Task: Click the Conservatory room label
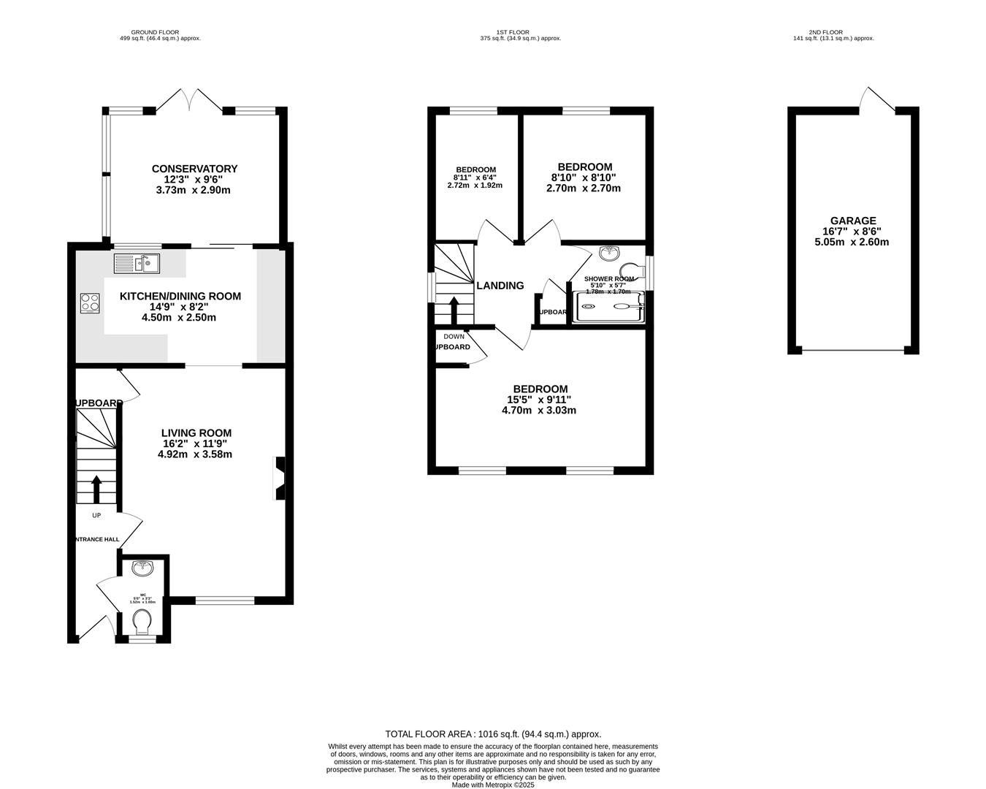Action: point(194,169)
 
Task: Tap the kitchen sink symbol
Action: point(137,262)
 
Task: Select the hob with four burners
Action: point(90,302)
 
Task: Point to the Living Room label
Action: point(196,433)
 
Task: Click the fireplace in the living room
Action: point(279,479)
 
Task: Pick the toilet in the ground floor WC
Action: point(142,622)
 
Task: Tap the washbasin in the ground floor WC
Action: point(142,567)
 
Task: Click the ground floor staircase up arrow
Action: point(96,489)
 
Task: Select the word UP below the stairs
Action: point(96,515)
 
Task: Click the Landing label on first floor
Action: point(500,286)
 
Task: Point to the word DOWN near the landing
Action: point(454,337)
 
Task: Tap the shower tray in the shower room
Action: point(610,307)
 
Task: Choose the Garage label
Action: point(852,221)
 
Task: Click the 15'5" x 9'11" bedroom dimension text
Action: point(539,400)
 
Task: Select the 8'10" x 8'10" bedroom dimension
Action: point(584,178)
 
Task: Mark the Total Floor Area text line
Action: point(493,734)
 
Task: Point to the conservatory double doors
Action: point(190,100)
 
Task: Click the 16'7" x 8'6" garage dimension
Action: point(852,232)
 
